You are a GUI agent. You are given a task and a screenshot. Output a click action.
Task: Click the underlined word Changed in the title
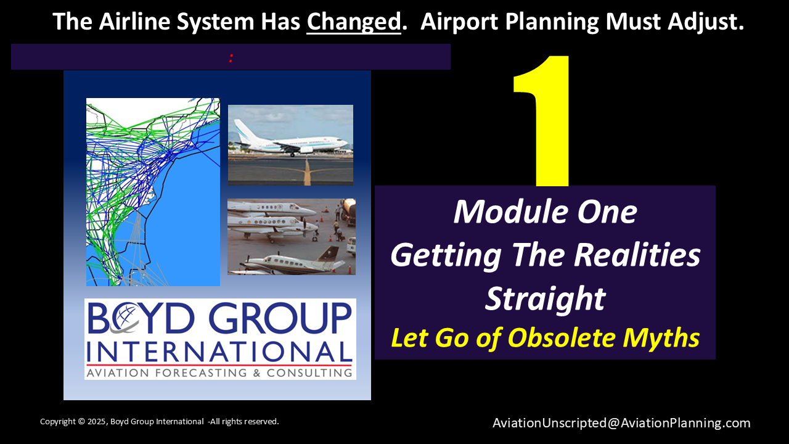(x=354, y=22)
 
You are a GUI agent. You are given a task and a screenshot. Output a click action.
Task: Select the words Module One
(x=546, y=212)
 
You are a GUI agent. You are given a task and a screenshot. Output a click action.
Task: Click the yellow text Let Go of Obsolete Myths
(x=546, y=337)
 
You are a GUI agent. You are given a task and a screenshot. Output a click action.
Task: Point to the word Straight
(x=546, y=299)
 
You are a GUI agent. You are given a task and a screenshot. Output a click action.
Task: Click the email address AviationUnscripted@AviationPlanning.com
(x=621, y=423)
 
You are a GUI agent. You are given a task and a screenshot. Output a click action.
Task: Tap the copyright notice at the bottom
(x=159, y=421)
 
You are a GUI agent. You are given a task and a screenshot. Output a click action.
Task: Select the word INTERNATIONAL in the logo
(x=219, y=351)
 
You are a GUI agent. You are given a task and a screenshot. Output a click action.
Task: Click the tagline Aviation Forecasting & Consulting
(x=219, y=372)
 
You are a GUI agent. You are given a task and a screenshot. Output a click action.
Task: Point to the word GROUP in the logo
(x=280, y=318)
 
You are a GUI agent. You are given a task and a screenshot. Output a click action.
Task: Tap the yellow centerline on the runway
(x=307, y=172)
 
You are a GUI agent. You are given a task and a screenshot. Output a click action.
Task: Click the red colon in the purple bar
(x=231, y=58)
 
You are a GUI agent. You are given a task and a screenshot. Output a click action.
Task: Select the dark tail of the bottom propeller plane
(x=329, y=255)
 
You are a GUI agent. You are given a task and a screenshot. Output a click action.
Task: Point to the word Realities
(x=637, y=255)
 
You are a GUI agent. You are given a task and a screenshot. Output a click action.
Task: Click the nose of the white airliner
(x=345, y=142)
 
